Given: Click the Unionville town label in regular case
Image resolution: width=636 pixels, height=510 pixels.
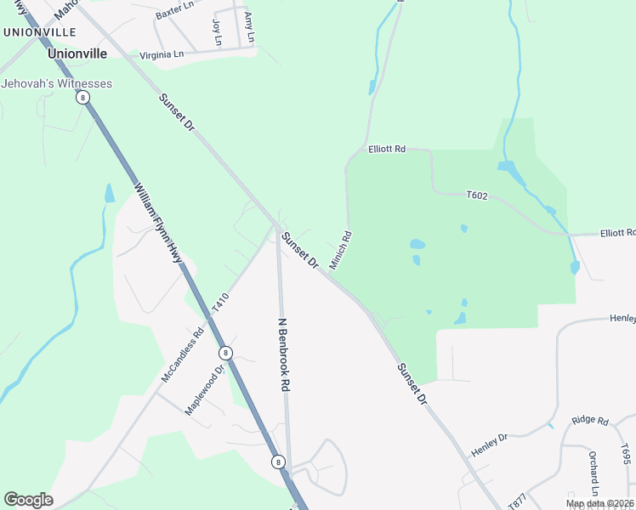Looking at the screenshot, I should tap(77, 53).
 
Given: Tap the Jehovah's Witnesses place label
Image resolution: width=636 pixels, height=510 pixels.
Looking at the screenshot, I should tap(56, 83).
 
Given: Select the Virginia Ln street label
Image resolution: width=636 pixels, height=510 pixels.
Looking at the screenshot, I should tap(162, 55).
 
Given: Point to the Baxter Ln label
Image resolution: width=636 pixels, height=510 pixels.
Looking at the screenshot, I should tap(174, 14).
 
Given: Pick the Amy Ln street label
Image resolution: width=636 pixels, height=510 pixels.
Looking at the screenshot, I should tap(248, 27).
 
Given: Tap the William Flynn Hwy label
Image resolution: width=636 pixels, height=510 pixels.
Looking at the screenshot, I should tap(157, 222).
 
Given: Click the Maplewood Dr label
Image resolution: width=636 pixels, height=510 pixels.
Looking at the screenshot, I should tap(204, 390).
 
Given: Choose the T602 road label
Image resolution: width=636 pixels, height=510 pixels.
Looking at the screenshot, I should tap(477, 195).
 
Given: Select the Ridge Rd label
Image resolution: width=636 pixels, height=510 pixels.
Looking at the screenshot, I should tap(590, 420).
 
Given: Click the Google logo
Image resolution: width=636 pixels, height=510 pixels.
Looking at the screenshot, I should tap(28, 500).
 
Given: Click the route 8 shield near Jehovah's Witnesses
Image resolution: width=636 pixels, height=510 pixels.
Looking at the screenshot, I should tap(82, 98).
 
